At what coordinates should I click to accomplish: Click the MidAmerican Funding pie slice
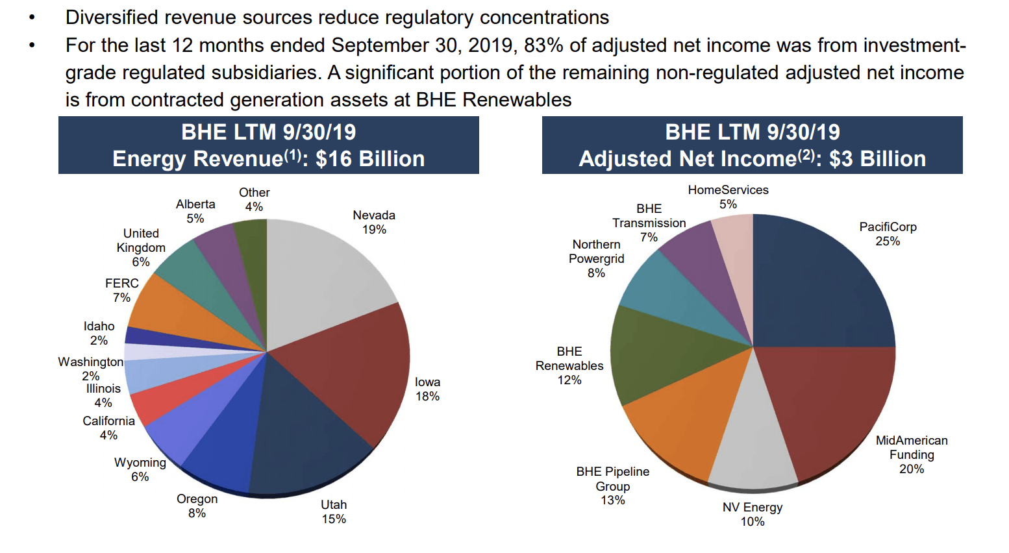(x=831, y=409)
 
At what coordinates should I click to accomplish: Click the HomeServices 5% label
(x=728, y=197)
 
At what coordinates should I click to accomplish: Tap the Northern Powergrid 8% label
(x=596, y=258)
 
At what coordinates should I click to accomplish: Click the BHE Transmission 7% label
(x=649, y=223)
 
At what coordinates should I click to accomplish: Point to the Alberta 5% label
(x=195, y=211)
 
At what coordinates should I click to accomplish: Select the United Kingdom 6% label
(x=141, y=247)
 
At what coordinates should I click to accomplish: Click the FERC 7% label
(x=122, y=290)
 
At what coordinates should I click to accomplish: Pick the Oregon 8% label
(x=197, y=506)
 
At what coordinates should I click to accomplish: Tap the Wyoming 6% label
(x=140, y=469)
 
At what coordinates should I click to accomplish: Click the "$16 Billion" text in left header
(x=370, y=159)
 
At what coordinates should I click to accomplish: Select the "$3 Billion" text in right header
(x=877, y=159)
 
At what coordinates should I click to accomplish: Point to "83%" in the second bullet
(x=543, y=45)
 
